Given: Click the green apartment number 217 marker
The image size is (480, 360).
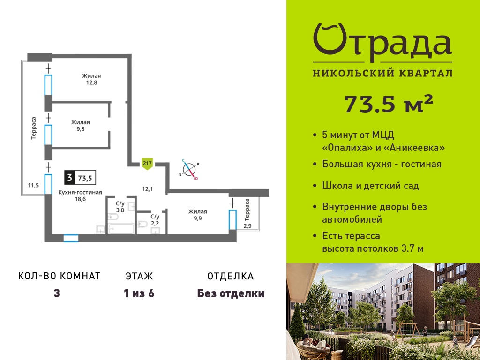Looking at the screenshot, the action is (x=147, y=164).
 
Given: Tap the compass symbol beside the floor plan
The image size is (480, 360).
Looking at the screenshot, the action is (x=189, y=169).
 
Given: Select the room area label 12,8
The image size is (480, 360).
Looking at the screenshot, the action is (x=91, y=82).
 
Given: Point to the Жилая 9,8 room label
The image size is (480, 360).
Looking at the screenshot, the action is (x=80, y=126).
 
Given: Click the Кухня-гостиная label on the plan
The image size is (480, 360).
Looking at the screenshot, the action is (x=80, y=192).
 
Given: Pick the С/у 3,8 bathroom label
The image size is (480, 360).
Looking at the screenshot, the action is (x=120, y=207).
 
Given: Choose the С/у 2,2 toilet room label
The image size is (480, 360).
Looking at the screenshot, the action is (x=155, y=220).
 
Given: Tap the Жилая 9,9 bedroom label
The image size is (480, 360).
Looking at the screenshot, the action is (x=197, y=215).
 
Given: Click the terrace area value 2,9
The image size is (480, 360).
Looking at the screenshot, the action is (x=247, y=226).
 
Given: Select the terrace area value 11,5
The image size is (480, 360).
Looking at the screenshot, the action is (x=33, y=185).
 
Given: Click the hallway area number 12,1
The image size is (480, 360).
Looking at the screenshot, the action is (x=147, y=189).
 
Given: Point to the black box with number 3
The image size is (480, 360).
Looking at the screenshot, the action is (x=69, y=177).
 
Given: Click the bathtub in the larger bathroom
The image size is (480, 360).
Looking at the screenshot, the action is (x=121, y=228).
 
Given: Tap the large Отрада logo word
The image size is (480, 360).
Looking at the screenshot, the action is (x=382, y=43).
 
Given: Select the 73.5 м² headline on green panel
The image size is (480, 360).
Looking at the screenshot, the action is (x=389, y=104).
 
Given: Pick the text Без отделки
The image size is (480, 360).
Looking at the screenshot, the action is (x=231, y=293).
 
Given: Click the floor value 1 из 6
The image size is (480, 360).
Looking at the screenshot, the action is (x=139, y=293).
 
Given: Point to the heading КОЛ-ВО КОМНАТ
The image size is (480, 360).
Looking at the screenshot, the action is (x=60, y=276).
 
